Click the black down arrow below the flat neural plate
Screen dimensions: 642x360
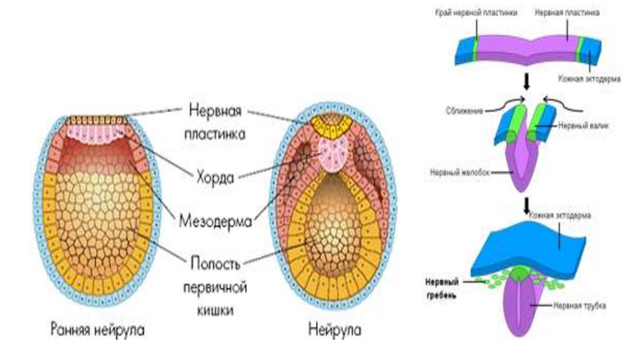[x=527, y=82]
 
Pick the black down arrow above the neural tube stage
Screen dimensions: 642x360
[x=527, y=204]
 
